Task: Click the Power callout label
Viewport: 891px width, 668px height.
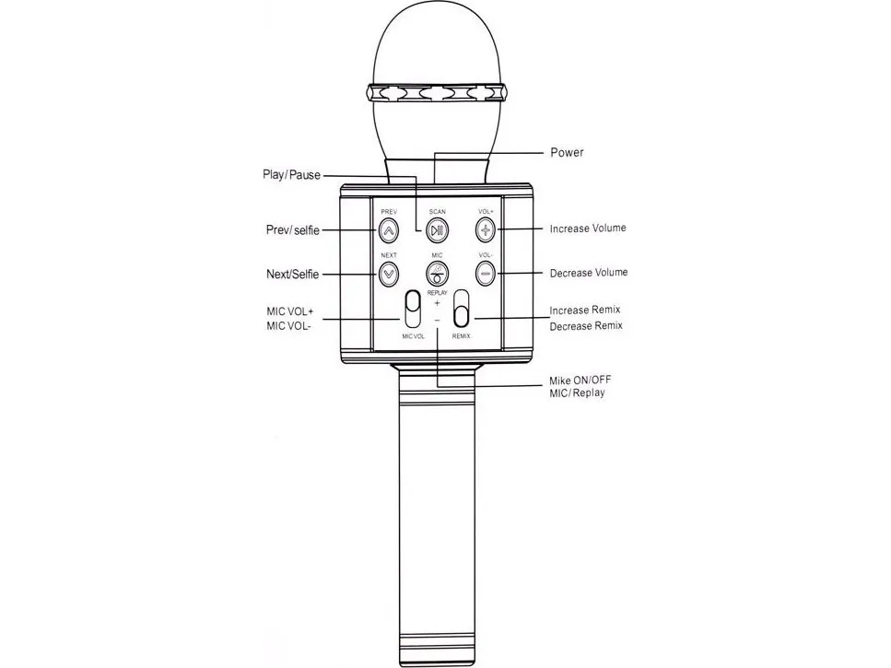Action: coord(567,152)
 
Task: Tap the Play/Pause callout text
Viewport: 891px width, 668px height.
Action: coord(291,174)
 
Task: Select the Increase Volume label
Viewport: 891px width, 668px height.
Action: coord(588,229)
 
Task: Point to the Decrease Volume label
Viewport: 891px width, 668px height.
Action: coord(589,273)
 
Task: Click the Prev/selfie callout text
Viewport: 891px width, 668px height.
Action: coord(293,230)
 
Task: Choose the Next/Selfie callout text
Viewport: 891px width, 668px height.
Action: coord(293,274)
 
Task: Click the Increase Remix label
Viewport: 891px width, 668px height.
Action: coord(585,311)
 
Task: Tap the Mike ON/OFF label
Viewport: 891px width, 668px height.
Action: coord(580,380)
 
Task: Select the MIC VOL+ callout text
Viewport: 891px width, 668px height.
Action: coord(290,311)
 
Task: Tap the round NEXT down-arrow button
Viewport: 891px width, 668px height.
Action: coord(389,274)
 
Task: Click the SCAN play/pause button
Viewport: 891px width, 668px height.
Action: coord(437,230)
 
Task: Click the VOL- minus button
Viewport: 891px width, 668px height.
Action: coord(486,274)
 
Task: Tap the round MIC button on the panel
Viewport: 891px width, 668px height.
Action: coord(437,274)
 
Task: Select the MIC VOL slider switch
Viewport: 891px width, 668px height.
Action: coord(413,309)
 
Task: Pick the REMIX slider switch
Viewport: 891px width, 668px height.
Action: coord(462,309)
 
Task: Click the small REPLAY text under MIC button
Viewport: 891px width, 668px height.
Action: coord(437,293)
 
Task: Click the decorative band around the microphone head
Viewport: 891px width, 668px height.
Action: coord(438,92)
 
